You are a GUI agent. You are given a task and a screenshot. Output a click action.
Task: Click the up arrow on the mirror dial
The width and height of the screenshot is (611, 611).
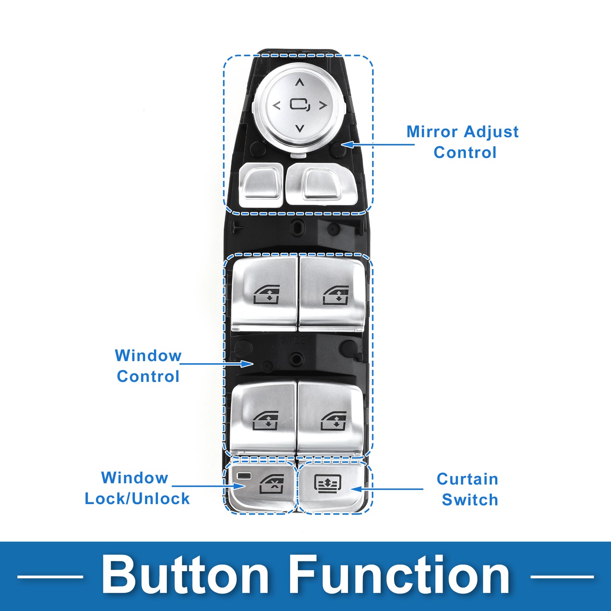[300, 83]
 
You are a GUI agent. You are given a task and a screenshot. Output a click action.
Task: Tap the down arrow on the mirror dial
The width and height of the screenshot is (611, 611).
[300, 128]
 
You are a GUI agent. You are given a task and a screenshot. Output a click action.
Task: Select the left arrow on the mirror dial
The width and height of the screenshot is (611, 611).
[277, 106]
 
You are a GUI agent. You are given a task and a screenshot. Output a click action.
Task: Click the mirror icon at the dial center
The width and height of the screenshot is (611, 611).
[300, 105]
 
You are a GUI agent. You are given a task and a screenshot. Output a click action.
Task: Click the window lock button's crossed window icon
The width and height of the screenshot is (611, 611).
[272, 484]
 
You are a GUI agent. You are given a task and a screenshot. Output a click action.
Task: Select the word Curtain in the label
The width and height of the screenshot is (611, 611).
[467, 479]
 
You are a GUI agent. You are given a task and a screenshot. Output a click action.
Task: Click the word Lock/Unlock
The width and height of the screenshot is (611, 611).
[137, 499]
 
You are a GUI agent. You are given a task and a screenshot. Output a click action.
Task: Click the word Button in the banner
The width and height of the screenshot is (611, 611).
[185, 576]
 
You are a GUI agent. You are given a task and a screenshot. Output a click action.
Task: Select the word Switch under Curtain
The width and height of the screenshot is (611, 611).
[470, 500]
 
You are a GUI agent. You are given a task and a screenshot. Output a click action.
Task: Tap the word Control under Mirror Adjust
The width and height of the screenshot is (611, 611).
[465, 153]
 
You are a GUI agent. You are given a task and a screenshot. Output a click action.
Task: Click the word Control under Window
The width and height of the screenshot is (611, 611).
[148, 376]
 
